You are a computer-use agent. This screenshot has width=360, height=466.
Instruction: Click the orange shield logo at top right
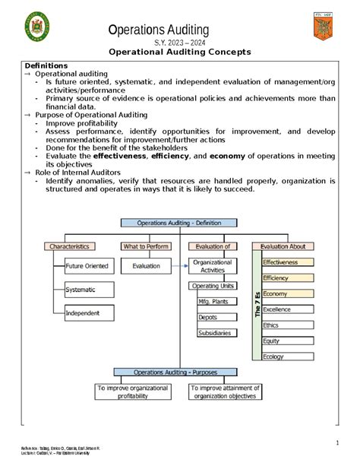pyautogui.click(x=323, y=28)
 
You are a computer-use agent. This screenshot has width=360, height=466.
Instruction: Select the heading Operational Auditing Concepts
pyautogui.click(x=180, y=52)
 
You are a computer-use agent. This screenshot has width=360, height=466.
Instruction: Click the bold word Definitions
pyautogui.click(x=46, y=66)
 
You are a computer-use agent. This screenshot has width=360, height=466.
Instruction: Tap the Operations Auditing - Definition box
pyautogui.click(x=179, y=223)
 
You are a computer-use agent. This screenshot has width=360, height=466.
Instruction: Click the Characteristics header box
pyautogui.click(x=70, y=246)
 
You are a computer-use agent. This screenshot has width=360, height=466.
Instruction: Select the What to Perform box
pyautogui.click(x=147, y=246)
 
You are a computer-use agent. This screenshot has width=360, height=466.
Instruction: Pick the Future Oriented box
pyautogui.click(x=86, y=267)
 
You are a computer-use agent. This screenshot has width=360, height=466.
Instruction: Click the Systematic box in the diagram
pyautogui.click(x=81, y=290)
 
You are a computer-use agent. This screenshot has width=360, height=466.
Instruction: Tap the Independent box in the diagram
pyautogui.click(x=82, y=313)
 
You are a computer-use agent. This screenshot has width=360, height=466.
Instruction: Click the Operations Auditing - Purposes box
pyautogui.click(x=179, y=372)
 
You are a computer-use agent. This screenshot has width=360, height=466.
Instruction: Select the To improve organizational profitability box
pyautogui.click(x=133, y=392)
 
